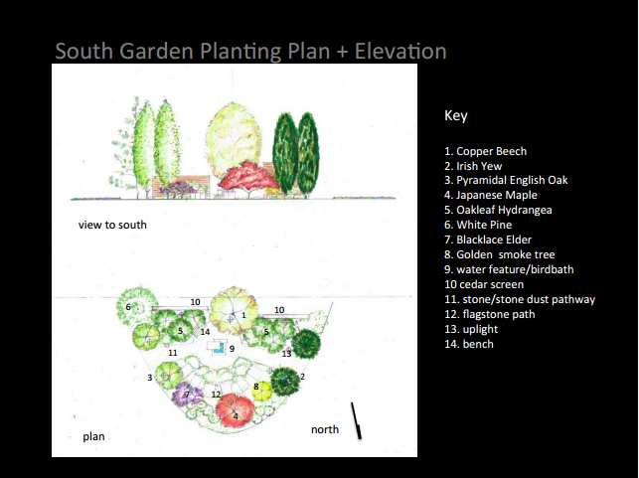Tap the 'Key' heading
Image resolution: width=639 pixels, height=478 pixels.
point(455,116)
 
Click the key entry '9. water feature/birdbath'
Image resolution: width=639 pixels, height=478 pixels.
point(507,269)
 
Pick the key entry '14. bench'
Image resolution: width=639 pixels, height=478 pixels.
point(469,344)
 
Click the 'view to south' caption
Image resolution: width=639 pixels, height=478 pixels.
point(112,225)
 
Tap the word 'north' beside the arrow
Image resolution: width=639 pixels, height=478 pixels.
point(324,429)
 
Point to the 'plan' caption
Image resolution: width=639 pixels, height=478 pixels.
point(93,436)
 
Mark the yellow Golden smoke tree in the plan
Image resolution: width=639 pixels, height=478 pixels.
point(261,389)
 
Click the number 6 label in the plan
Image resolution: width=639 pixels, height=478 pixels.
point(128,307)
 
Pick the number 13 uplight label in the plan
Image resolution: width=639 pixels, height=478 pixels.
point(286,354)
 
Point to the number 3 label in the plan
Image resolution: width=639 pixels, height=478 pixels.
point(150,378)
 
